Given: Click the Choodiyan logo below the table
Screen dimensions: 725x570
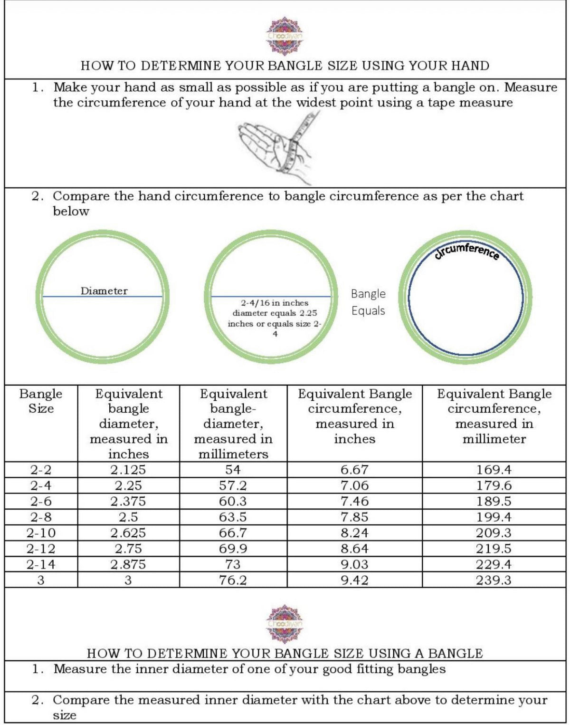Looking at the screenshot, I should point(285,623).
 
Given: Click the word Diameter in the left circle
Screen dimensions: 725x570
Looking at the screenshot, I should point(104,291).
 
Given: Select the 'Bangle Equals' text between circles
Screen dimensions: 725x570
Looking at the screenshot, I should point(368,302).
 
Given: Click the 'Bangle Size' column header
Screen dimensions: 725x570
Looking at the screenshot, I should point(41,401).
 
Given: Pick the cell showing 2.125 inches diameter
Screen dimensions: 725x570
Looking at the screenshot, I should point(128,470).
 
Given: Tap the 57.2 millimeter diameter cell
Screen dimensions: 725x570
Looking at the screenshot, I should point(233,485).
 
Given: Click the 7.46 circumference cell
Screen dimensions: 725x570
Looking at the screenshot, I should point(354,501).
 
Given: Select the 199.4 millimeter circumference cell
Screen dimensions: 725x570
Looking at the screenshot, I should point(494,517).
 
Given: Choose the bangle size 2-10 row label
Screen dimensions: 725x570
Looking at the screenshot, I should point(41,533).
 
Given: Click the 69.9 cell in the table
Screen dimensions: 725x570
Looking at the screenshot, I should point(233,549).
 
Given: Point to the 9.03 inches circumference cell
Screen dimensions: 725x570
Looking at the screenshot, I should point(354,564).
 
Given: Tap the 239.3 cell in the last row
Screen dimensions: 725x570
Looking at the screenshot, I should point(494,580).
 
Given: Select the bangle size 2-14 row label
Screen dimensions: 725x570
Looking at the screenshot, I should point(41,564).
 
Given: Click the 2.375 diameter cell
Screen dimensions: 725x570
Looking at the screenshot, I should point(128,501).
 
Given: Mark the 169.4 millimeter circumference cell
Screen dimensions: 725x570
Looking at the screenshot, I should point(494,470).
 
